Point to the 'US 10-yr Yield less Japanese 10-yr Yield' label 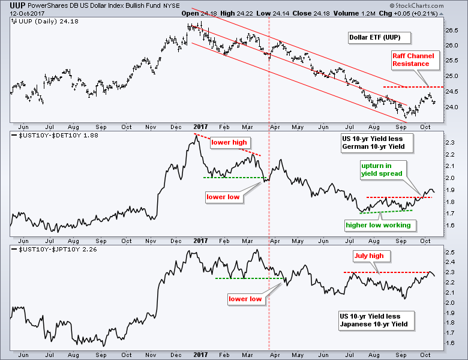click(x=373, y=320)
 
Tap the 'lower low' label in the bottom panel click(x=245, y=298)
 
